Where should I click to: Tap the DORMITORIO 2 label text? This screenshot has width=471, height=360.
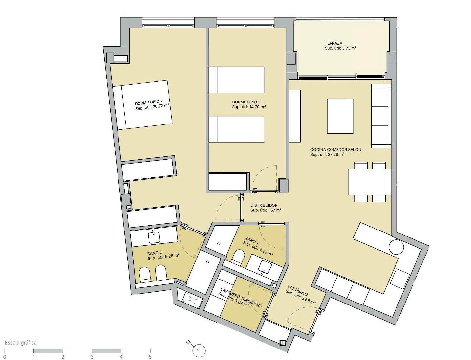(x=149, y=101)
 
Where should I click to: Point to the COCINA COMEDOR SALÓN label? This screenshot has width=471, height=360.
(x=335, y=150)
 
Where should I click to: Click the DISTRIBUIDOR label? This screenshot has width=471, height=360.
(x=264, y=205)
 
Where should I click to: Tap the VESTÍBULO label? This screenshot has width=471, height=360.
(x=298, y=290)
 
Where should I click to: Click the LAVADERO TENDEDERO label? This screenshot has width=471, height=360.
(x=241, y=298)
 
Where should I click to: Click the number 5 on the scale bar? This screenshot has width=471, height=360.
(x=150, y=357)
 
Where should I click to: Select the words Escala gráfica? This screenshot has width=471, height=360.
(x=21, y=343)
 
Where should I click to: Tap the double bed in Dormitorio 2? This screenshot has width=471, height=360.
(x=142, y=105)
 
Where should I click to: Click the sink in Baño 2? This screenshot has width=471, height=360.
(x=154, y=236)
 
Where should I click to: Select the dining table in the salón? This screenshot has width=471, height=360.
(x=370, y=182)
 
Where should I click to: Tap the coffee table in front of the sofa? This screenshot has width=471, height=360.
(x=340, y=116)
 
